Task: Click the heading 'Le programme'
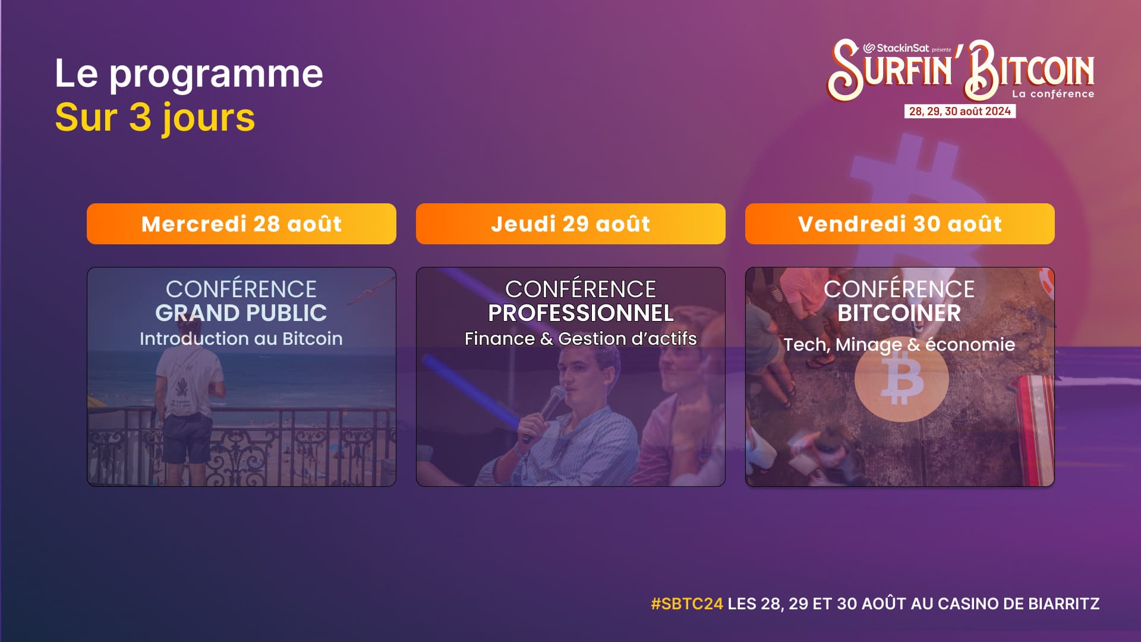[188, 74]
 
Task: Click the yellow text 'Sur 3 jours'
[155, 118]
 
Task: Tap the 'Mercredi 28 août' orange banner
[241, 224]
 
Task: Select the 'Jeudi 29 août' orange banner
[570, 224]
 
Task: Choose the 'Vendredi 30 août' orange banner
[900, 224]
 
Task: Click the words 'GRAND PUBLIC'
[241, 313]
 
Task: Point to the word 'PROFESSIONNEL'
[581, 313]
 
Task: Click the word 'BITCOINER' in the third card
[899, 313]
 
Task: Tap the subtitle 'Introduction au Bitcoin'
[241, 339]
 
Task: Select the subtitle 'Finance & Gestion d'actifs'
[580, 339]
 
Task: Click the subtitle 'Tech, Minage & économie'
[899, 345]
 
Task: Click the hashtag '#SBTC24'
[686, 604]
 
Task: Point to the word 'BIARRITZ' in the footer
[1063, 604]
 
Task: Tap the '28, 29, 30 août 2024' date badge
[959, 111]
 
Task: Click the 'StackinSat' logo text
[902, 48]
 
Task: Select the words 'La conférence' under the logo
[1052, 94]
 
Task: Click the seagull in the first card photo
[370, 292]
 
